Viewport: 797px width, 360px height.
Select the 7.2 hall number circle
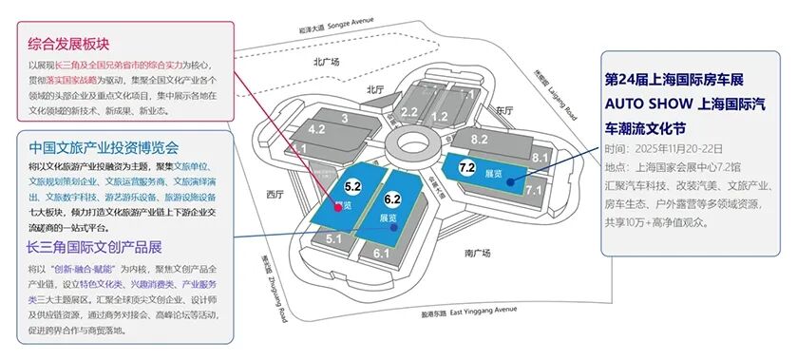(x=466, y=167)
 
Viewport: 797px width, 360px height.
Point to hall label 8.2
(x=479, y=140)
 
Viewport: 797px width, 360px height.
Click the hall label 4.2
(x=316, y=128)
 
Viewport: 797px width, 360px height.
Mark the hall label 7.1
(x=533, y=190)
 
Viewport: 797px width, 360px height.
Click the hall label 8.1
(x=541, y=157)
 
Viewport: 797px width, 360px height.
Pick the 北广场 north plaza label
(x=326, y=62)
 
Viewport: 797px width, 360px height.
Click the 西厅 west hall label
(x=275, y=194)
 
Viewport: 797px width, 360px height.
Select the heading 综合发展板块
(x=69, y=43)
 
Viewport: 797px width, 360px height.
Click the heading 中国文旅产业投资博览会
(x=104, y=147)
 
